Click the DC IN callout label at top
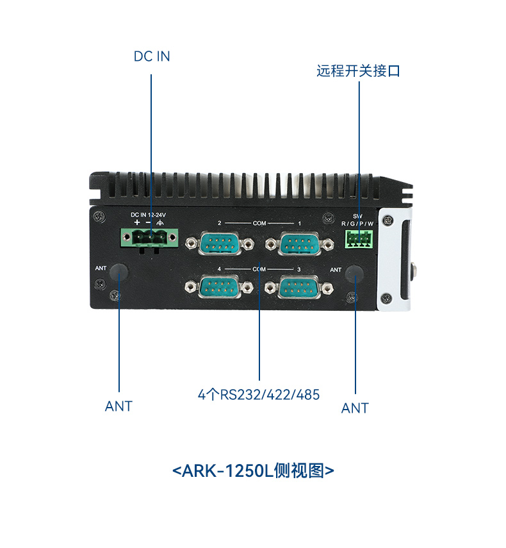(x=152, y=56)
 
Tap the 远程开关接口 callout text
(x=358, y=71)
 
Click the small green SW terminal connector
(x=357, y=238)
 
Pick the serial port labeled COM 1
(x=299, y=244)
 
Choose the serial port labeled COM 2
(x=219, y=244)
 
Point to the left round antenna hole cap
(x=119, y=272)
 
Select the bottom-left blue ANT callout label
(x=118, y=406)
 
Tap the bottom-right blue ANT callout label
(x=355, y=408)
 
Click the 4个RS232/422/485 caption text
(x=259, y=394)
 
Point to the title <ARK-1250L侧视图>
(x=254, y=471)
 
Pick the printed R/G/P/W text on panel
(x=357, y=223)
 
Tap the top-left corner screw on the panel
(x=97, y=215)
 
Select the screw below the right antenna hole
(x=351, y=297)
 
